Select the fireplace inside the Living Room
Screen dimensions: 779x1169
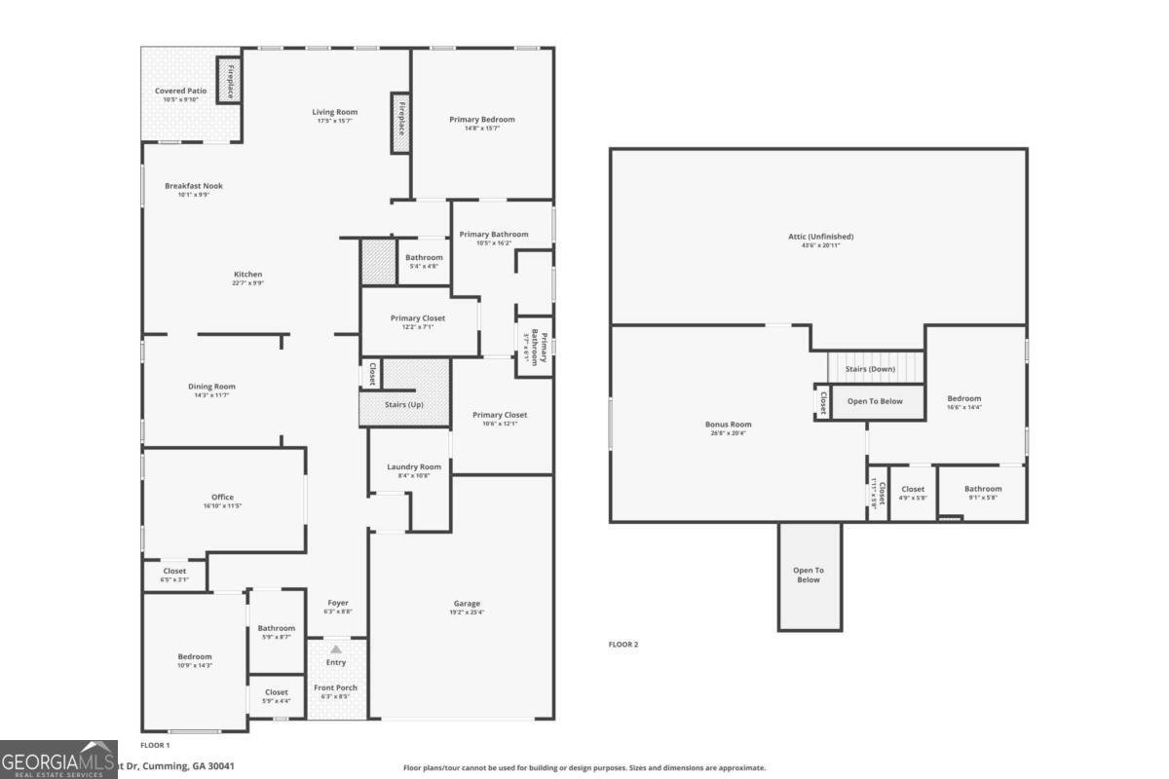(400, 122)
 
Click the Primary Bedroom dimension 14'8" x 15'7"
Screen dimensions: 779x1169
(481, 129)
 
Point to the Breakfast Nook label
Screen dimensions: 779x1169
(193, 185)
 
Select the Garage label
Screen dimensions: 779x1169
(467, 604)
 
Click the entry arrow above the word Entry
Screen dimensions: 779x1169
(336, 649)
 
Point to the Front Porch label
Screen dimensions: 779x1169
(335, 687)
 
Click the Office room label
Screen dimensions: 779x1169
(223, 497)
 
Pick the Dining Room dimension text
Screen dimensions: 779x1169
(211, 395)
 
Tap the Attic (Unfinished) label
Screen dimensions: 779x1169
(820, 237)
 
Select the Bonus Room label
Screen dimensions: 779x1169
(728, 425)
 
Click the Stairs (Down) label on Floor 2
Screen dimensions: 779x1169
(870, 369)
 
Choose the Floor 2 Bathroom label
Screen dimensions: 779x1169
(983, 489)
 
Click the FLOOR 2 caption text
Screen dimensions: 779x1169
(623, 645)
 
